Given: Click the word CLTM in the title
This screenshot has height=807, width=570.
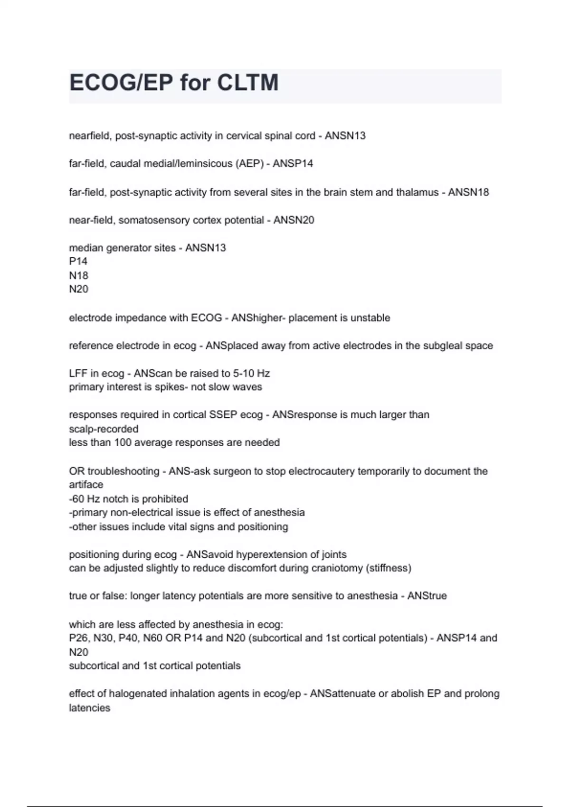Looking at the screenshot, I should coord(247,83).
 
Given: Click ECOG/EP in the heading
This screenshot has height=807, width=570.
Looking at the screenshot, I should coord(121,83).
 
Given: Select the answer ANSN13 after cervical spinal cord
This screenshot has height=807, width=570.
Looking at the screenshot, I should coord(345,136).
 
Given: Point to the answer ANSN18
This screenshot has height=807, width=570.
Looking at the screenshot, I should coord(468,192).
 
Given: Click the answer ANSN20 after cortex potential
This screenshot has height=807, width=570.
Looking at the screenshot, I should coord(294,220).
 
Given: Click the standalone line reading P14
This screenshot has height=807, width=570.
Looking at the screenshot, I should coord(78,262).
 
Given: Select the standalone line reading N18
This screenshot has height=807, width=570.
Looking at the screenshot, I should coord(79,275).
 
